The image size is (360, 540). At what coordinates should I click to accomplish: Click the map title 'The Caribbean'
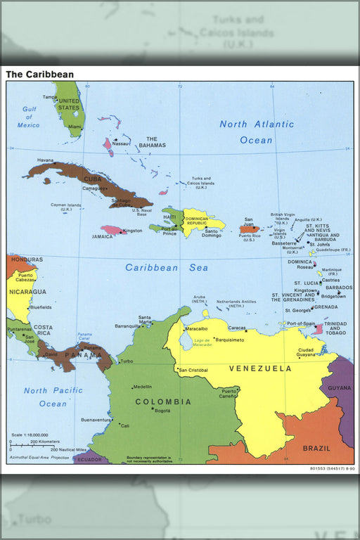[x=39, y=74]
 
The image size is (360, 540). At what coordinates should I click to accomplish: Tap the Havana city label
[x=46, y=160]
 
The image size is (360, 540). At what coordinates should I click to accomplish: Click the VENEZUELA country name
[x=260, y=368]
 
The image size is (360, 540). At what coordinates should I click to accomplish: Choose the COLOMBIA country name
[x=163, y=401]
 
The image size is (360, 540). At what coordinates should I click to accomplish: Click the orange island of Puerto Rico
[x=249, y=229]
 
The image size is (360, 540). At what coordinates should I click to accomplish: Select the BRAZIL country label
[x=316, y=448]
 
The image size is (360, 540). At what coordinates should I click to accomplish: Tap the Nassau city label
[x=121, y=143]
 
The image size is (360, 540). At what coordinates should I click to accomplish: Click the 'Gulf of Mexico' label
[x=29, y=117]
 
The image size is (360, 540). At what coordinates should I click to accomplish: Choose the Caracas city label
[x=236, y=328]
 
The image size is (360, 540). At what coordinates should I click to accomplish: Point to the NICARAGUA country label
[x=27, y=291]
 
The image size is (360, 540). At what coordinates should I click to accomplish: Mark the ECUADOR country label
[x=89, y=460]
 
